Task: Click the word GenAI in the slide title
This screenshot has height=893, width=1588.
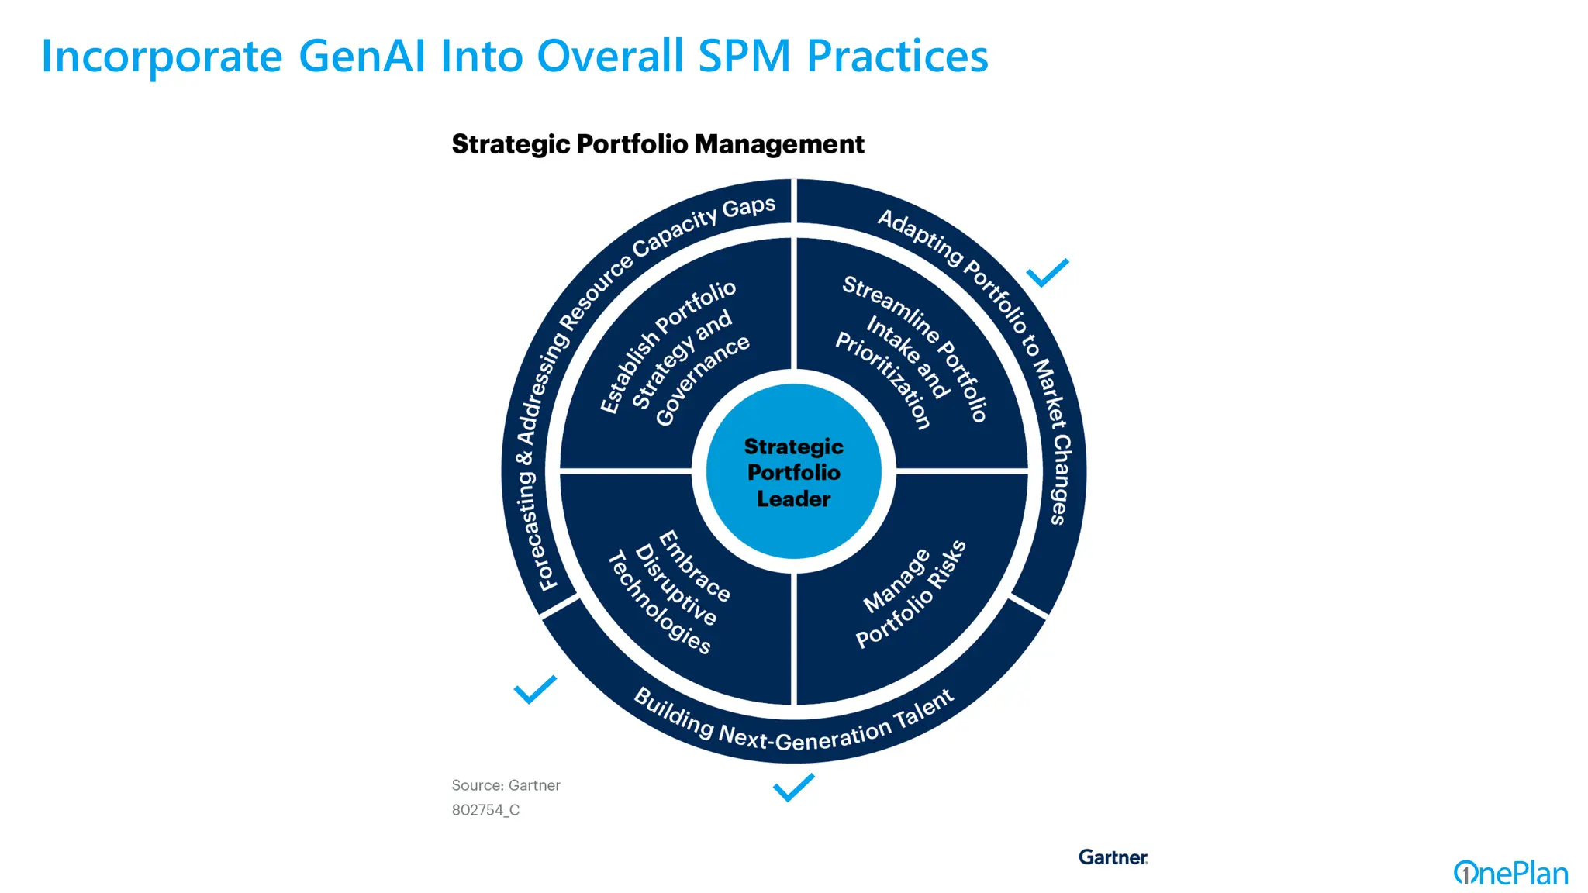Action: point(362,57)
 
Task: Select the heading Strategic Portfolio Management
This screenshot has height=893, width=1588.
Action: point(658,144)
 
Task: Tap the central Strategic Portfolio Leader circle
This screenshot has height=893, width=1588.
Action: point(793,472)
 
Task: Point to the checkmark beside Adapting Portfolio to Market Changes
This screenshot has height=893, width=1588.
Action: point(1047,273)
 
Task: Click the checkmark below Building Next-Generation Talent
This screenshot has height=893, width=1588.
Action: point(793,787)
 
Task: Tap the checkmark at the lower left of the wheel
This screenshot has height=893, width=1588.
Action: point(535,689)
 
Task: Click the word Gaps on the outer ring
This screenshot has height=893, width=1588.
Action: point(748,208)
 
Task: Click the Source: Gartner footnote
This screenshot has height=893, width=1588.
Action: point(506,785)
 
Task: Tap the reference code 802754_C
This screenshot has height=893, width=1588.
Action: point(485,810)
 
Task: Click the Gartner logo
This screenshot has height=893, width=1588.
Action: point(1112,857)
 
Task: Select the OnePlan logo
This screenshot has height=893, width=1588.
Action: point(1510,874)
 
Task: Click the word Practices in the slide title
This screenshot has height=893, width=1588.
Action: point(897,57)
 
